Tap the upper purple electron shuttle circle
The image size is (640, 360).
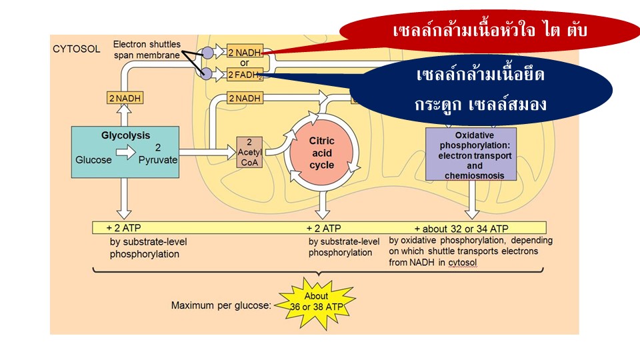(207, 52)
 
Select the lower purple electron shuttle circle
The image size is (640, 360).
(207, 73)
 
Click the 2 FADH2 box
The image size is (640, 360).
(245, 75)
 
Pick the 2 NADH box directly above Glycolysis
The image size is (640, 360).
(125, 99)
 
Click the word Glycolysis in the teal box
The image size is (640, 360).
(125, 135)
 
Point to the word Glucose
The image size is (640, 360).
(94, 160)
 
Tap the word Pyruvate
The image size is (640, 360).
(158, 160)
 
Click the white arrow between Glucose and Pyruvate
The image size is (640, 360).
(125, 153)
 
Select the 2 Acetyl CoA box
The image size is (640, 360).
(250, 153)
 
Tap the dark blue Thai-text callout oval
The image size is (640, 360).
(480, 89)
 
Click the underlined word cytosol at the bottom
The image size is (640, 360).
(462, 263)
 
